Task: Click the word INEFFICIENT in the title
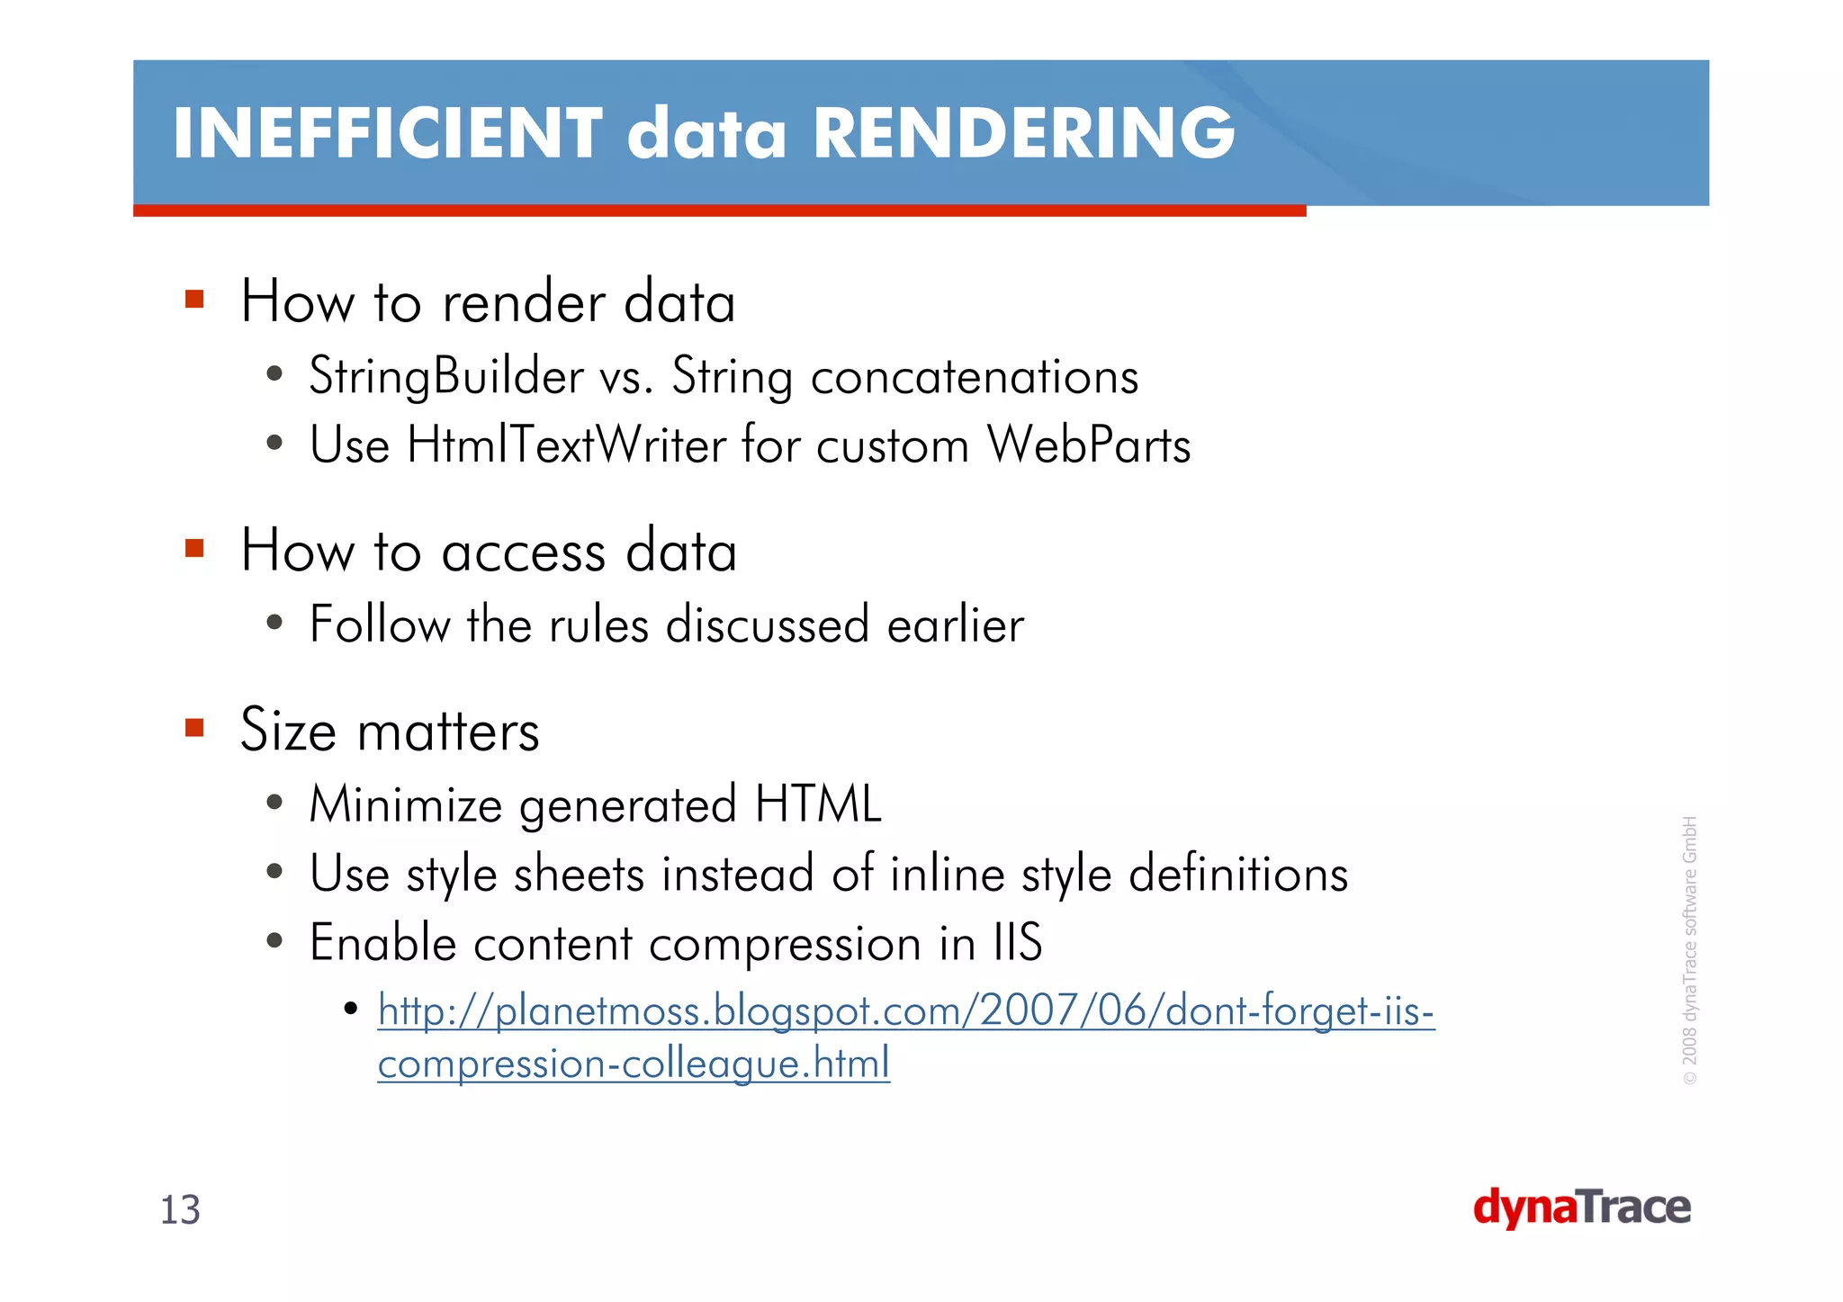coord(387,133)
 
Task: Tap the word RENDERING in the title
coord(1024,133)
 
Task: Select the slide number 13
coord(180,1210)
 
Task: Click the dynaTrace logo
coord(1581,1208)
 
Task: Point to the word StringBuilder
coord(446,376)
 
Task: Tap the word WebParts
coord(1088,444)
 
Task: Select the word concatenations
coord(974,376)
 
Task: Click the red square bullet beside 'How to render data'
coord(194,299)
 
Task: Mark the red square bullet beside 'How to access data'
coord(194,548)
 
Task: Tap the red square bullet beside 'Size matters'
coord(194,727)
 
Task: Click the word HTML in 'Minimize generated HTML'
coord(818,804)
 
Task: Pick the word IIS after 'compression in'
coord(1017,943)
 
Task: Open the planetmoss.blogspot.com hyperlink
coord(905,1012)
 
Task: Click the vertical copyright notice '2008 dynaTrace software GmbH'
coord(1690,949)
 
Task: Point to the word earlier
coord(956,624)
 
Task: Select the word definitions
coord(1238,874)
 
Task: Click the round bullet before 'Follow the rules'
coord(274,622)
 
